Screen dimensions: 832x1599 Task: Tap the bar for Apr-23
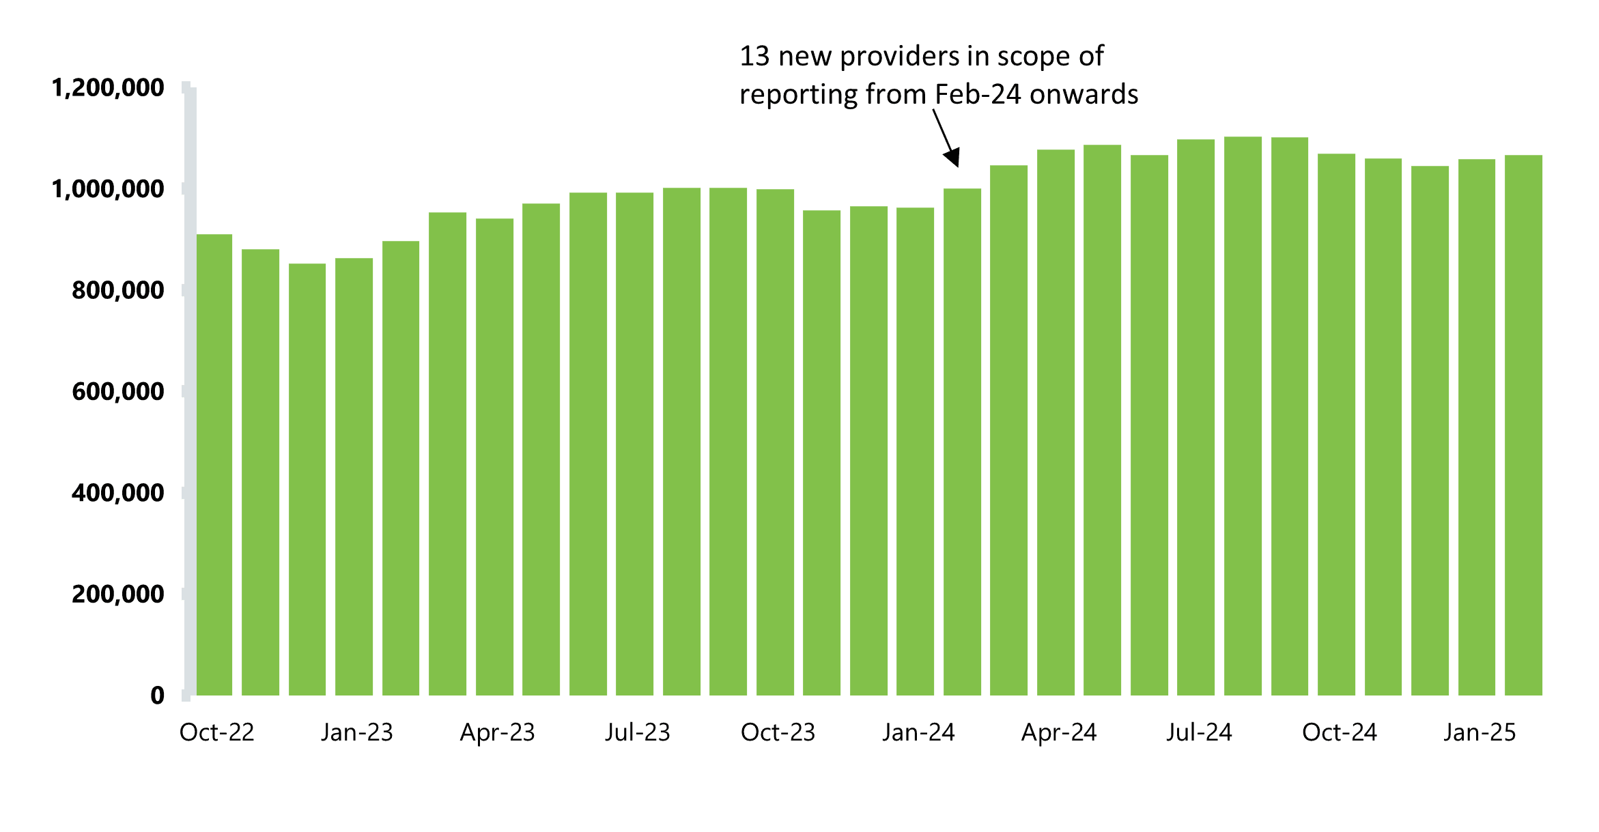(494, 457)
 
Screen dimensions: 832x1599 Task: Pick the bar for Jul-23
(634, 444)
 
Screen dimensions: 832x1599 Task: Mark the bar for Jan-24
(915, 451)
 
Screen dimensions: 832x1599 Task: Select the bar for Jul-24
(1195, 417)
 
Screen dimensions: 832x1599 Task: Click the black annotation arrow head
(953, 158)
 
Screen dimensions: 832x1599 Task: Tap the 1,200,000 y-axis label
(108, 88)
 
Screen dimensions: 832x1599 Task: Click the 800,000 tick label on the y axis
(117, 291)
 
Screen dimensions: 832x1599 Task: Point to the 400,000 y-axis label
(117, 493)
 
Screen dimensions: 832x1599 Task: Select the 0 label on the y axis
(157, 695)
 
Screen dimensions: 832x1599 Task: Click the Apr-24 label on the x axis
(1058, 732)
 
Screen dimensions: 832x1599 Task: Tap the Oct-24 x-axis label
(1339, 732)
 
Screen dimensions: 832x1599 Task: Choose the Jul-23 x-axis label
(637, 732)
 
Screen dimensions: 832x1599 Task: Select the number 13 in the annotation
(754, 57)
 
